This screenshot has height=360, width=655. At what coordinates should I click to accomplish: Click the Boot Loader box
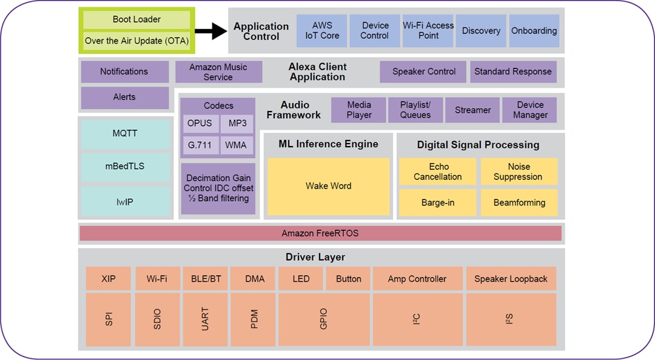coord(136,19)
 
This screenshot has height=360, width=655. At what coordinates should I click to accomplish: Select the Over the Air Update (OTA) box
coord(136,41)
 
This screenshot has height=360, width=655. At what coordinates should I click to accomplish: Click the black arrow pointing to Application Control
coord(210,31)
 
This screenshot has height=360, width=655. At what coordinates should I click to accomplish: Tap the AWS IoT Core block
coord(322,31)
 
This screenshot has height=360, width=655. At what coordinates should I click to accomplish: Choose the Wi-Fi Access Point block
coord(428,31)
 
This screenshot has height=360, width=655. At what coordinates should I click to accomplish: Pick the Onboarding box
coord(534,31)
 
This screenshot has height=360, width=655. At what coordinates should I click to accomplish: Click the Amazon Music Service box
coord(218,72)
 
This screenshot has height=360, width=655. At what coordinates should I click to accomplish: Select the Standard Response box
coord(513,72)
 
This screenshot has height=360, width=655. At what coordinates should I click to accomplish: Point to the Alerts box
coord(124,98)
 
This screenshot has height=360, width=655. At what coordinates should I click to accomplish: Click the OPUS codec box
coord(200,124)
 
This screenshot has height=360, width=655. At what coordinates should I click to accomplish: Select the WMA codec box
coord(237,145)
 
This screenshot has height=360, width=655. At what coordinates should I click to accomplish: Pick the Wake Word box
coord(328,187)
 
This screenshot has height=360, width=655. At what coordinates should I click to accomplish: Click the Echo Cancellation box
coord(438,172)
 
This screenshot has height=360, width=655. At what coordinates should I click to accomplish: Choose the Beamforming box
coord(519,203)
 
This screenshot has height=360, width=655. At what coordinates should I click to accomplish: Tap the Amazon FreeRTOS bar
coord(320,233)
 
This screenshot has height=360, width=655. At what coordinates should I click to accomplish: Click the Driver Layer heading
coord(315,257)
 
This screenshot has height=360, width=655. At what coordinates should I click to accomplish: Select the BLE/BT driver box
coord(206,279)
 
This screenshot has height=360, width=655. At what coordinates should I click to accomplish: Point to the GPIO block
coord(323,319)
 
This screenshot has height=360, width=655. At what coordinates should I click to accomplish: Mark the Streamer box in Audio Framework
coord(472,110)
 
